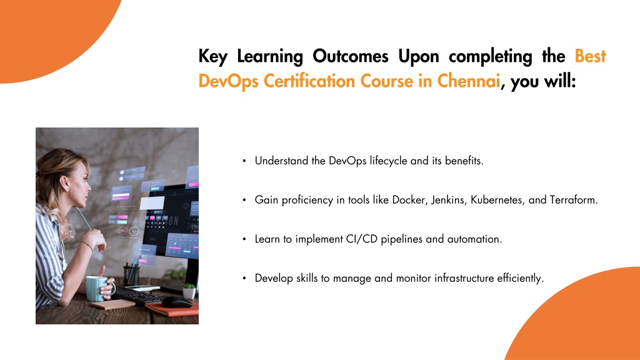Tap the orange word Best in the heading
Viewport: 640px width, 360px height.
(590, 56)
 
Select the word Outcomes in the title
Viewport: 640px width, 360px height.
(350, 56)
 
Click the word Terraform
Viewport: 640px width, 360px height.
(574, 200)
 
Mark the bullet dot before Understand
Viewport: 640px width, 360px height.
(244, 161)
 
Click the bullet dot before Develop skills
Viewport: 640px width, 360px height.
(244, 278)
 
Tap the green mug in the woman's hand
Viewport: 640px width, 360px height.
(97, 288)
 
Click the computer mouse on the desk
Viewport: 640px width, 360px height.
(176, 302)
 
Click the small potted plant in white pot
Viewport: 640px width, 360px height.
(189, 291)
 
